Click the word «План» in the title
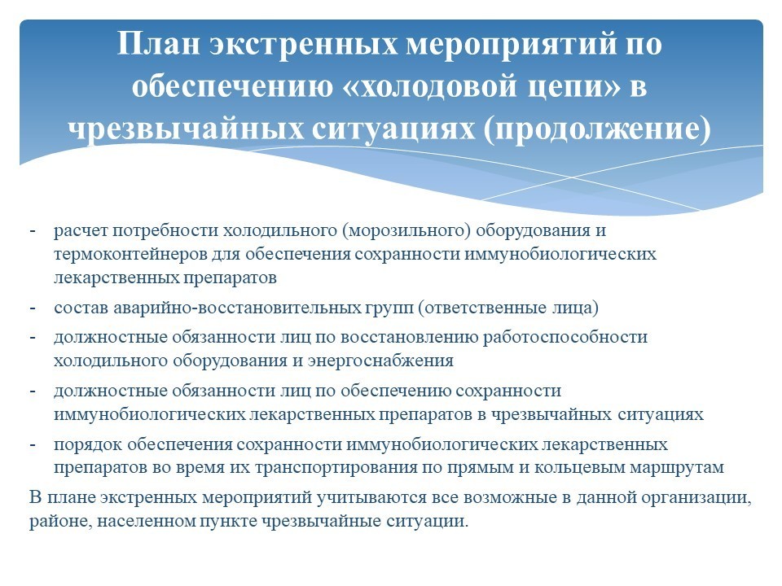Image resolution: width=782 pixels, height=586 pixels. click(x=160, y=43)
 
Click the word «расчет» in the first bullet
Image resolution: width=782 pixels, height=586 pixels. click(x=81, y=231)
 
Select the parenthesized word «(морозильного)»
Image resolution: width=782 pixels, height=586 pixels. click(x=406, y=230)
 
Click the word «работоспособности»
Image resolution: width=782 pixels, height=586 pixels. click(x=565, y=338)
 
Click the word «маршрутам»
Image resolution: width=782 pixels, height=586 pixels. click(x=676, y=469)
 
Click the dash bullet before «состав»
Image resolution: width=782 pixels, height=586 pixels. click(x=33, y=308)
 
